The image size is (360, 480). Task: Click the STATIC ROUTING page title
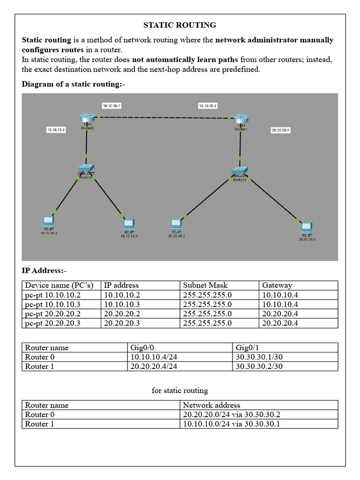(180, 25)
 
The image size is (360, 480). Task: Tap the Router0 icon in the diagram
(87, 118)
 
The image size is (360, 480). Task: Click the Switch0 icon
(86, 169)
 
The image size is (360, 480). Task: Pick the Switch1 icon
(240, 172)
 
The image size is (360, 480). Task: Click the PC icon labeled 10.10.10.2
(48, 220)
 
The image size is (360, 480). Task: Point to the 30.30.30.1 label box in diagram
(112, 106)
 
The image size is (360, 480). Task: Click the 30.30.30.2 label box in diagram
(208, 106)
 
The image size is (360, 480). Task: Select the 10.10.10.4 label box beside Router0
(56, 129)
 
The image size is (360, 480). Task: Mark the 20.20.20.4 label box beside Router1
(280, 130)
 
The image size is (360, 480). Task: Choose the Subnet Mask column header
(205, 285)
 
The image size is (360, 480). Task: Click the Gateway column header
(277, 285)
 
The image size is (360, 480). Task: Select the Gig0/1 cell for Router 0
(259, 357)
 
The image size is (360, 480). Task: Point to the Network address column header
(211, 405)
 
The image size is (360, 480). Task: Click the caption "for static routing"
(180, 390)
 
